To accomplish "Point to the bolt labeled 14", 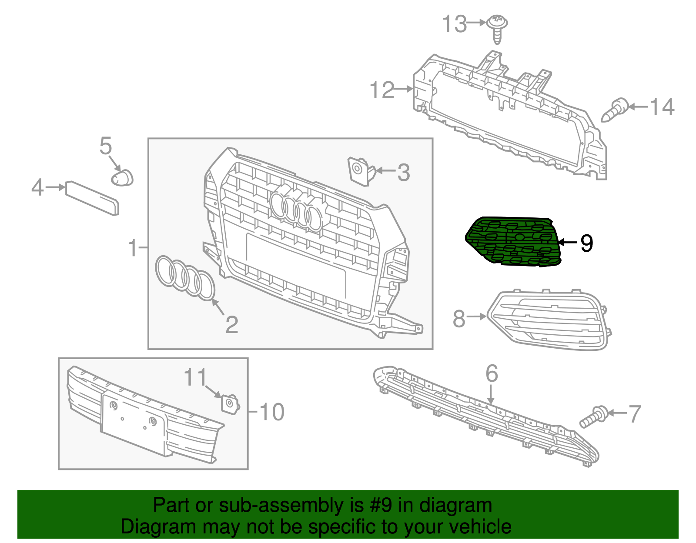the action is [x=615, y=110].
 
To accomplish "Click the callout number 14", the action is [x=662, y=107].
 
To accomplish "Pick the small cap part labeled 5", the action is [x=122, y=177].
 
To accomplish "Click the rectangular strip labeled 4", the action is [x=92, y=198].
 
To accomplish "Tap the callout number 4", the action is [x=37, y=188].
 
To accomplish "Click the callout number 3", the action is [x=404, y=173].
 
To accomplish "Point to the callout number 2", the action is [x=232, y=325].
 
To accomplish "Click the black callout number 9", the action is [x=587, y=243].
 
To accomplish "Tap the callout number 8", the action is [x=459, y=319].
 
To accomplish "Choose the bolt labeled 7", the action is [x=594, y=416].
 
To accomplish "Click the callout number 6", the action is [x=492, y=373].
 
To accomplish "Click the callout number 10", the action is [x=272, y=412].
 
